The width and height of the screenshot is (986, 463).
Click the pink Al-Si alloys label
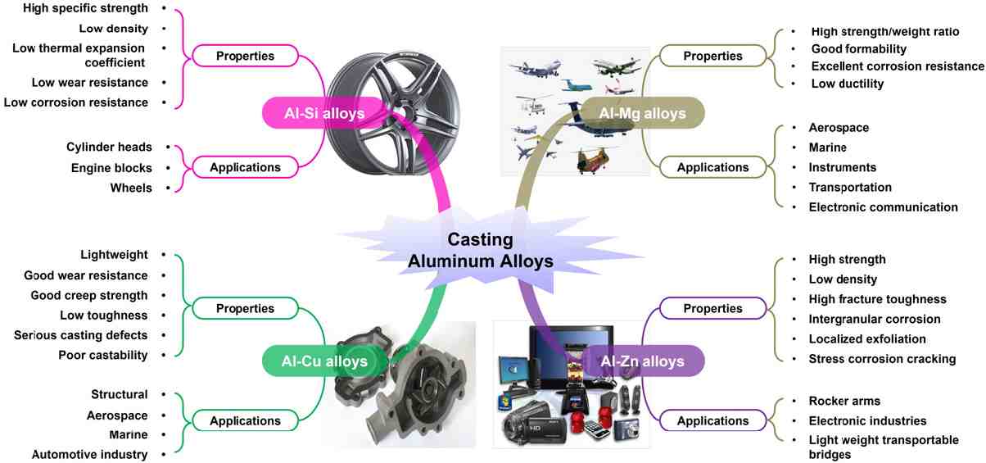[314, 113]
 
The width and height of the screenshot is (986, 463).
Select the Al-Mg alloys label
[643, 113]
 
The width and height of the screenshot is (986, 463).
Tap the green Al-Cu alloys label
[314, 361]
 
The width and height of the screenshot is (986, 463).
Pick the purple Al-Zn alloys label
[641, 361]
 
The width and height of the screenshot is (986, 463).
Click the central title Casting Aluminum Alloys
[481, 251]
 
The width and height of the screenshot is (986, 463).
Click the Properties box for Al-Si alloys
[245, 56]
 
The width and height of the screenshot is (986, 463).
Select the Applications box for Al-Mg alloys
[712, 167]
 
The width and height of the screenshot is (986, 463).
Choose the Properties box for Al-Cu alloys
[245, 309]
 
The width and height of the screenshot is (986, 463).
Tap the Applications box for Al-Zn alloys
[712, 420]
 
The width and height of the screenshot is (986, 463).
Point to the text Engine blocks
[111, 168]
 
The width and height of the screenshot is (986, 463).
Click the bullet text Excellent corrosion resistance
[897, 66]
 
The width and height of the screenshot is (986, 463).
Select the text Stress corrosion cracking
[882, 359]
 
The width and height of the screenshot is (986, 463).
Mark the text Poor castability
[103, 355]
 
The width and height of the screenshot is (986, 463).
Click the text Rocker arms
[844, 401]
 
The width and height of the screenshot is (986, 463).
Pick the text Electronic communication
[883, 207]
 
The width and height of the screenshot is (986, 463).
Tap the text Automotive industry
[90, 454]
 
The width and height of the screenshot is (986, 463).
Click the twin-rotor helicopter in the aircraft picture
[595, 160]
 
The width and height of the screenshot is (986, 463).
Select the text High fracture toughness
[877, 299]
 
